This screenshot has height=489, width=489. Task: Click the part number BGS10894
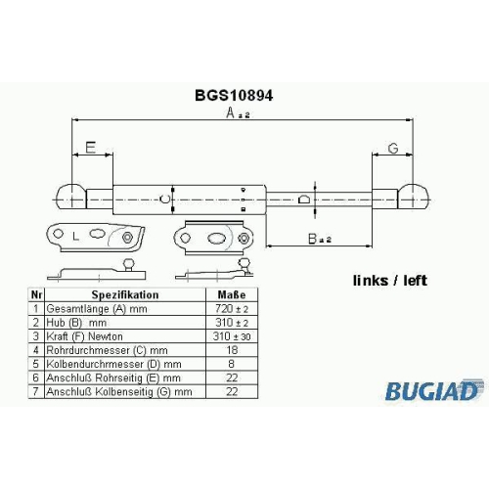coord(234,96)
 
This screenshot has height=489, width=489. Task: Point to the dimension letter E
coord(90,148)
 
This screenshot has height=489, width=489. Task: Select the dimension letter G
coord(393,149)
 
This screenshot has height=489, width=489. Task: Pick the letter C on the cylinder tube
coord(165,199)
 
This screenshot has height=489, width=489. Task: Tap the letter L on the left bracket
coord(75,236)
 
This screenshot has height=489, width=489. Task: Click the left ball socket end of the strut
coord(71,197)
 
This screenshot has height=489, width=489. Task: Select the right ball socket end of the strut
coord(413,197)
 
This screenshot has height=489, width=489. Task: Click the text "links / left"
coord(390,281)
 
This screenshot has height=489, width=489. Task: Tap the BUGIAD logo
coord(432,390)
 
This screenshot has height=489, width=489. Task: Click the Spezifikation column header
coord(125,294)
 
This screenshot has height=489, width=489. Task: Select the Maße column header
coord(232,294)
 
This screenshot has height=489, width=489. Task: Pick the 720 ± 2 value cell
coord(232,308)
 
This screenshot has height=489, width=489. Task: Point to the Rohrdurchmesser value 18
coord(232,350)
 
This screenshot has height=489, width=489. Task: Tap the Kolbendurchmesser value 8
coord(232,364)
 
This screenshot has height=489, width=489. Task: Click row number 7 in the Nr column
coord(36,391)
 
